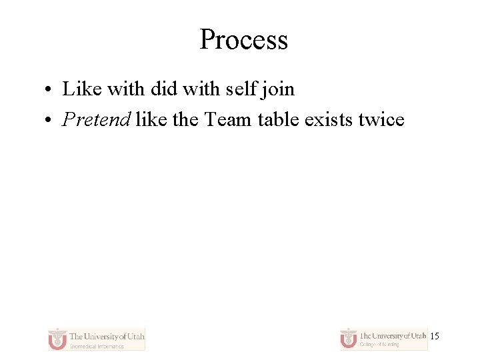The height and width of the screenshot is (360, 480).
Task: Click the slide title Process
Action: coord(243,40)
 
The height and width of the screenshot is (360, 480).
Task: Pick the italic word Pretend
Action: coord(96,120)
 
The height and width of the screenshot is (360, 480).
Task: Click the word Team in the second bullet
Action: coord(228,120)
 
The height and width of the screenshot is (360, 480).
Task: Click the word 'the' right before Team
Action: coord(185,120)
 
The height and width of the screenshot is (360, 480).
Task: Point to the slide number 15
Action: coord(435,337)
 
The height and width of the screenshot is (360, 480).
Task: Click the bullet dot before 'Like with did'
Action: coord(51,90)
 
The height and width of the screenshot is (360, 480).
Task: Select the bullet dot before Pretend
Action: coord(51,121)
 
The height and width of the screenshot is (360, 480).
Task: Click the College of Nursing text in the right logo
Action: coord(379,345)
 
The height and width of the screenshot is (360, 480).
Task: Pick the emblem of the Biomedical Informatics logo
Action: coord(58,339)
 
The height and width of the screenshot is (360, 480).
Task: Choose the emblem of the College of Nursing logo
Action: coord(349,339)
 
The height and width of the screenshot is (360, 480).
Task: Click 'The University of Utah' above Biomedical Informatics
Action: coord(107,336)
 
